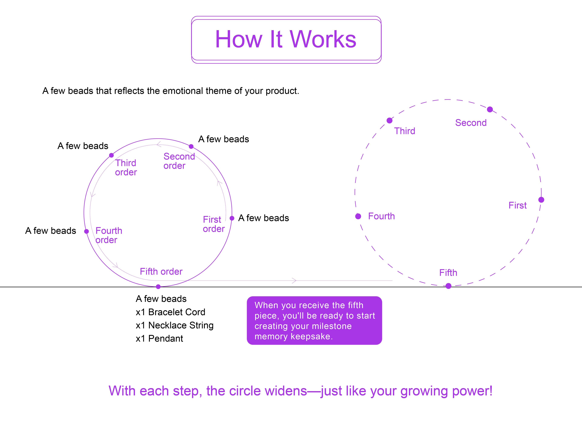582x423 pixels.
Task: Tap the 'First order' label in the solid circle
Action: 214,224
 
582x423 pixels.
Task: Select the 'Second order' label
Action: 179,161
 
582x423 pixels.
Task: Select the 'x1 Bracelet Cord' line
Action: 170,312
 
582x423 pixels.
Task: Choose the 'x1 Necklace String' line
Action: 174,325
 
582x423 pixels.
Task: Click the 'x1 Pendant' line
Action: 159,339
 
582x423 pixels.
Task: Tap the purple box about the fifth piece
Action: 314,321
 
